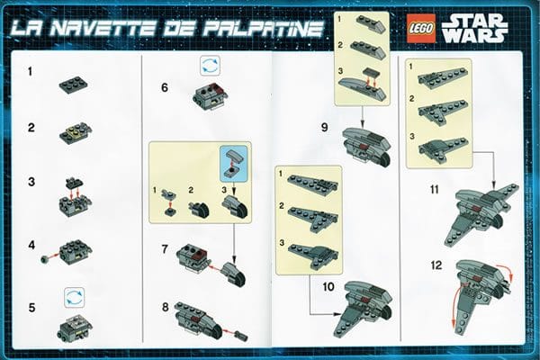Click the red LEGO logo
421,29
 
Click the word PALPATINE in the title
264,29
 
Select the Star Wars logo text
474,29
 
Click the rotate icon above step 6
210,66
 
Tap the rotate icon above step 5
75,298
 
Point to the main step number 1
31,72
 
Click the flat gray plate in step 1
74,85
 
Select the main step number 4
31,246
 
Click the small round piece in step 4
44,259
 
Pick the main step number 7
165,248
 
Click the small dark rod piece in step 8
241,335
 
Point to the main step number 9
324,128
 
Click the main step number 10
328,286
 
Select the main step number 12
436,265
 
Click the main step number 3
31,182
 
